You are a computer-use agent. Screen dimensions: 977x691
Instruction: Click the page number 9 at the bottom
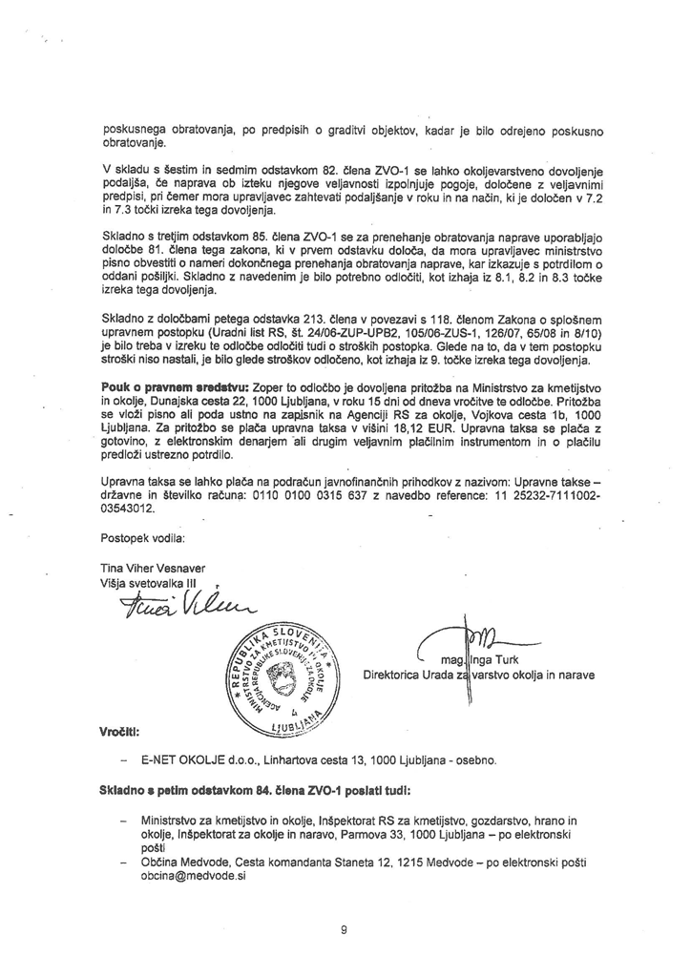click(x=343, y=930)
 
